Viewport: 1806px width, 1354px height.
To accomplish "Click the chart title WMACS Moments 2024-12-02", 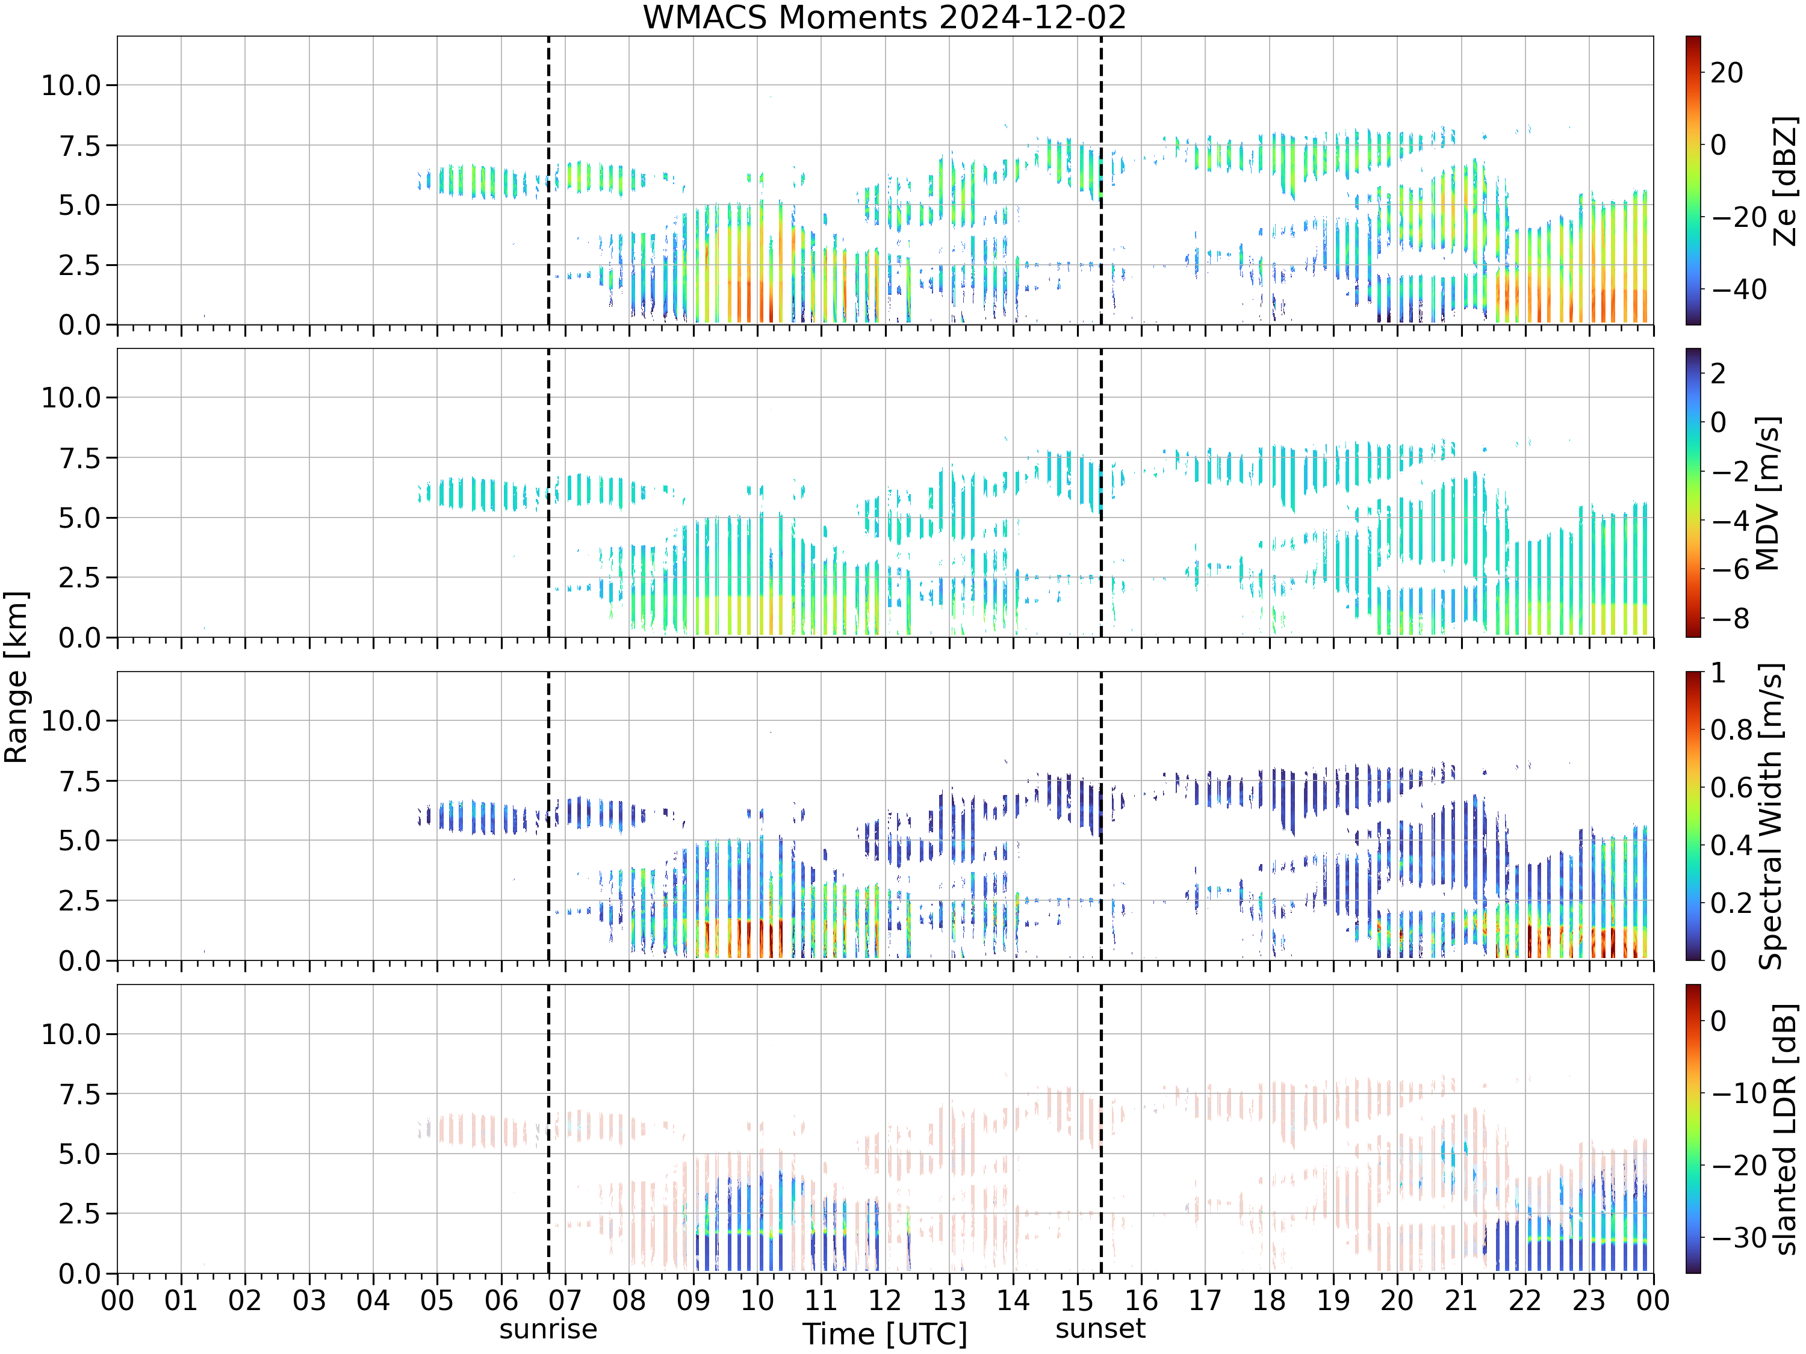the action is click(884, 17).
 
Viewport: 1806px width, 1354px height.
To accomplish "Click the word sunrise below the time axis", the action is click(548, 1329).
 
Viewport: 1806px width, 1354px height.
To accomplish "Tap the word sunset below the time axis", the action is click(1100, 1328).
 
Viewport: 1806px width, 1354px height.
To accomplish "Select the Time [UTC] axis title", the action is click(884, 1334).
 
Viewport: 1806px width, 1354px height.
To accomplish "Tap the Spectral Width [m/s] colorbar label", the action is click(1770, 816).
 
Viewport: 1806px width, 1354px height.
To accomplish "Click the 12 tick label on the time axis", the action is click(884, 1299).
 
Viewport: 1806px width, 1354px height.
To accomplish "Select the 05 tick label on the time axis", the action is click(437, 1299).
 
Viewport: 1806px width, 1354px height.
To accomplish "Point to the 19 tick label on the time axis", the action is click(1332, 1299).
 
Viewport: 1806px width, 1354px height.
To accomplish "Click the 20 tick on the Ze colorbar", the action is click(1727, 73).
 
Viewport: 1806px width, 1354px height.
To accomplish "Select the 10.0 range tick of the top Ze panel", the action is click(71, 85).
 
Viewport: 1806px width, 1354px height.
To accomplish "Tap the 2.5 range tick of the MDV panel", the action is click(79, 578).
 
